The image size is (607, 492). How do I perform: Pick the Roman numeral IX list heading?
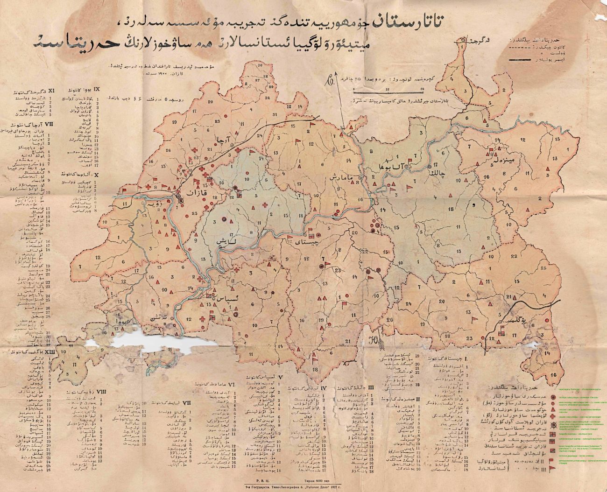tap(97, 88)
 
